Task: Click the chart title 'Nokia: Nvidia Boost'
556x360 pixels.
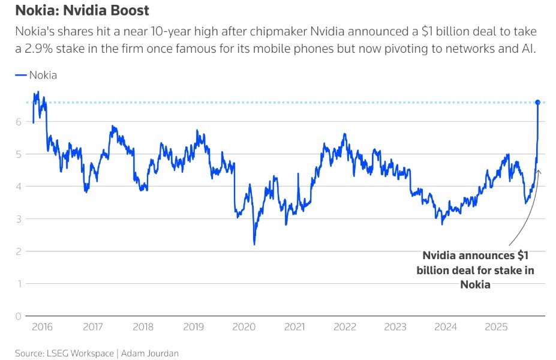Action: tap(82, 11)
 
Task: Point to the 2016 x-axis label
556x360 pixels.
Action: tap(42, 327)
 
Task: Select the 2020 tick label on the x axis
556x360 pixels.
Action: tap(244, 327)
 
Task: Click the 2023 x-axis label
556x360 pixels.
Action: tap(395, 327)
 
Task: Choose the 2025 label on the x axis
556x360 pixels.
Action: tap(497, 327)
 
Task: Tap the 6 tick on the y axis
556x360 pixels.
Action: tap(18, 122)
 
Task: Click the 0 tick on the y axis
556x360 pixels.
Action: tap(18, 316)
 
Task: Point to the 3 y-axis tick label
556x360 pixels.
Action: tap(18, 219)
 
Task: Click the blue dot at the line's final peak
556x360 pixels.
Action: tap(538, 103)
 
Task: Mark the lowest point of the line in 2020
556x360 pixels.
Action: tap(254, 244)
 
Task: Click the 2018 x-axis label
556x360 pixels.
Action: tap(143, 327)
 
